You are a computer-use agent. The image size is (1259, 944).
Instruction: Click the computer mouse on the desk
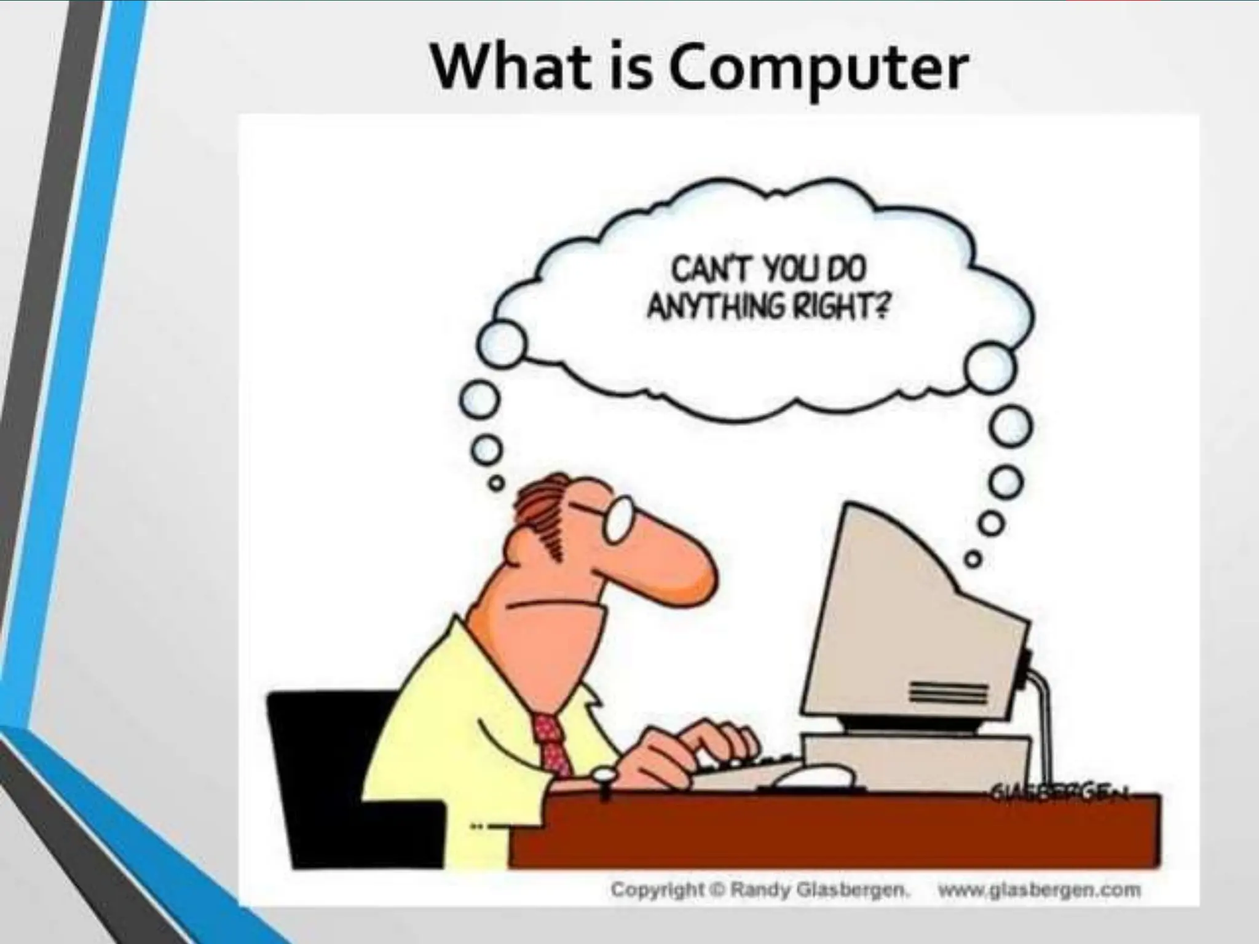811,776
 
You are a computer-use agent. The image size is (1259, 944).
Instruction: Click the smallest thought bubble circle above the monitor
971,559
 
